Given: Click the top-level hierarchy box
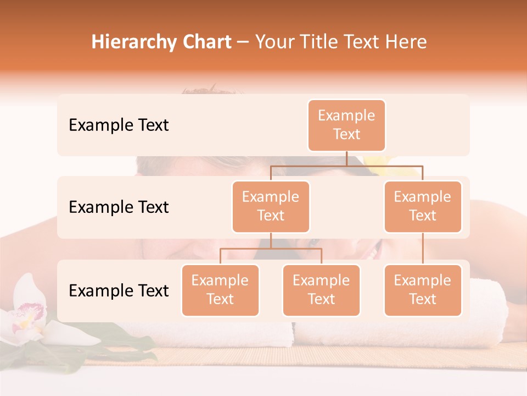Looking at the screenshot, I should click(x=346, y=125).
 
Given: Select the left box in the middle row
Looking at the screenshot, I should click(x=271, y=207).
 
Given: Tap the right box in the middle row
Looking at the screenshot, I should click(x=423, y=207).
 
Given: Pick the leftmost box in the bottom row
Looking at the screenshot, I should click(x=220, y=290).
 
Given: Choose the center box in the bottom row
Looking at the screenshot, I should click(x=321, y=290).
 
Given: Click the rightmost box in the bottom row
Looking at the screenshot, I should click(x=423, y=290).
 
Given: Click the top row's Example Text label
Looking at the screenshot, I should click(x=119, y=125).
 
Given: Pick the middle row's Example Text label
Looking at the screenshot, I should click(x=119, y=207).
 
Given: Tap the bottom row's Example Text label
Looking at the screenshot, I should click(x=119, y=291).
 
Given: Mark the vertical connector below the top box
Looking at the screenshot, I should click(x=346, y=158).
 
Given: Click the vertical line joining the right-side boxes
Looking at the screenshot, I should click(x=423, y=249).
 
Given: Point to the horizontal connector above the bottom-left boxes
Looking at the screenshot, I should click(x=271, y=249).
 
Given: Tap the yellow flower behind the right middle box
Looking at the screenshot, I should click(x=378, y=161).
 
